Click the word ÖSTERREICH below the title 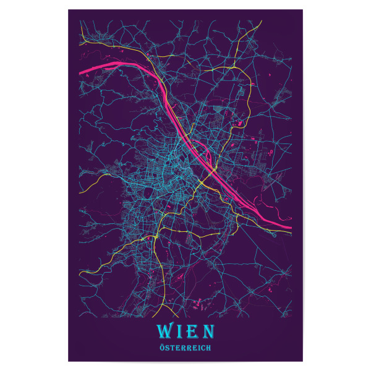click(185, 348)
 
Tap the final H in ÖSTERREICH click(209, 348)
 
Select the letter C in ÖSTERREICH click(203, 348)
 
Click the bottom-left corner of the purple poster click(69, 361)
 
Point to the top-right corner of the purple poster click(302, 10)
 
